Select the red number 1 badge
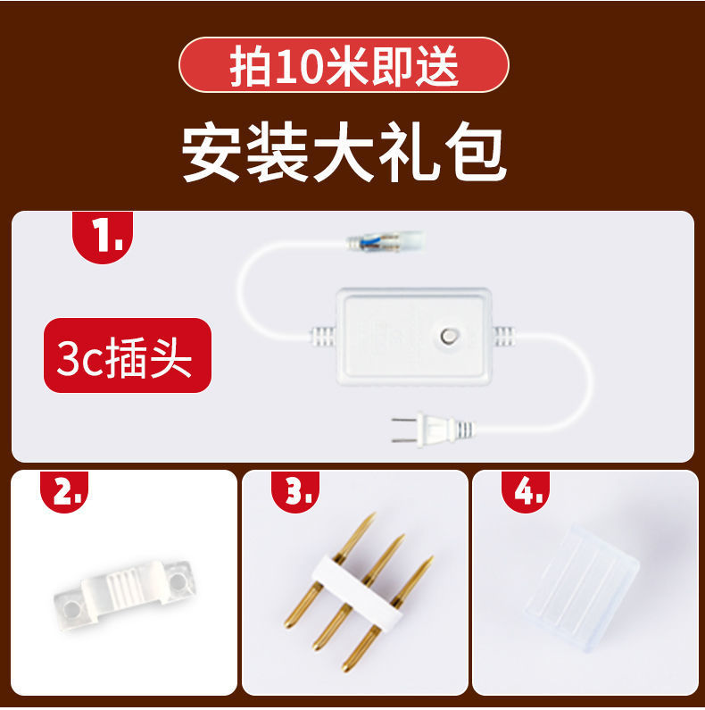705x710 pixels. point(102,237)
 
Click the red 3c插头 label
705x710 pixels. point(127,355)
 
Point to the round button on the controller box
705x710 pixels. point(449,337)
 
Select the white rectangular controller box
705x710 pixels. point(412,334)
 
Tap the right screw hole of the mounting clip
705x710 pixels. point(180,581)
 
